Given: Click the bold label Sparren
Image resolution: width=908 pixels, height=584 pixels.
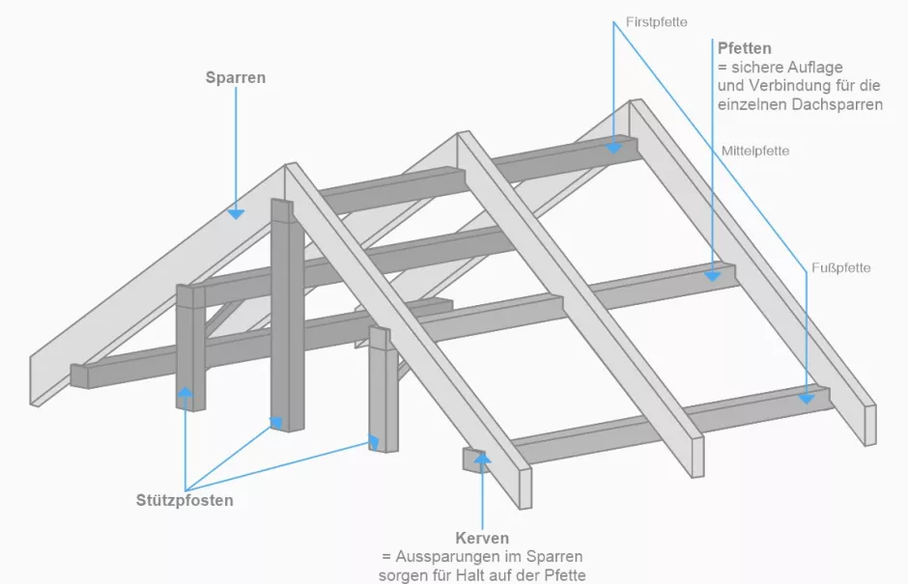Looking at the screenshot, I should (x=236, y=77).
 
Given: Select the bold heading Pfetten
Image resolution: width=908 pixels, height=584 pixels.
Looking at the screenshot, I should (x=744, y=47).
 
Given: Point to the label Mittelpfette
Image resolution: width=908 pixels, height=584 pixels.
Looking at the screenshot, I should (x=755, y=151).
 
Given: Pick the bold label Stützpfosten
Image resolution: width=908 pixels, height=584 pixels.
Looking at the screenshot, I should (x=184, y=500).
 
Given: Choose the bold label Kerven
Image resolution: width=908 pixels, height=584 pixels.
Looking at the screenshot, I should (x=481, y=538).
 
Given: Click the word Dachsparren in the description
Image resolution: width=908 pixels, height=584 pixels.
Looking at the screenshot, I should (x=837, y=104).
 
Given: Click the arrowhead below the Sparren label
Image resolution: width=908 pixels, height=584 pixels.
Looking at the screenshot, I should (x=236, y=211).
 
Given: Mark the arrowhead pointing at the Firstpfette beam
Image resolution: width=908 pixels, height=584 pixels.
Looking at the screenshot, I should (x=613, y=148).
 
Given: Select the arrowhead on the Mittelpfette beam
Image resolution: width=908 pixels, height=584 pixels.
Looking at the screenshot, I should (x=712, y=274).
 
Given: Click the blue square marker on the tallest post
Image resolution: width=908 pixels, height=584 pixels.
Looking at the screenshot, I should (x=276, y=422).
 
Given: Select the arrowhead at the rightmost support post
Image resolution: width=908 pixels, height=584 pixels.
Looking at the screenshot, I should (x=374, y=442).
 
